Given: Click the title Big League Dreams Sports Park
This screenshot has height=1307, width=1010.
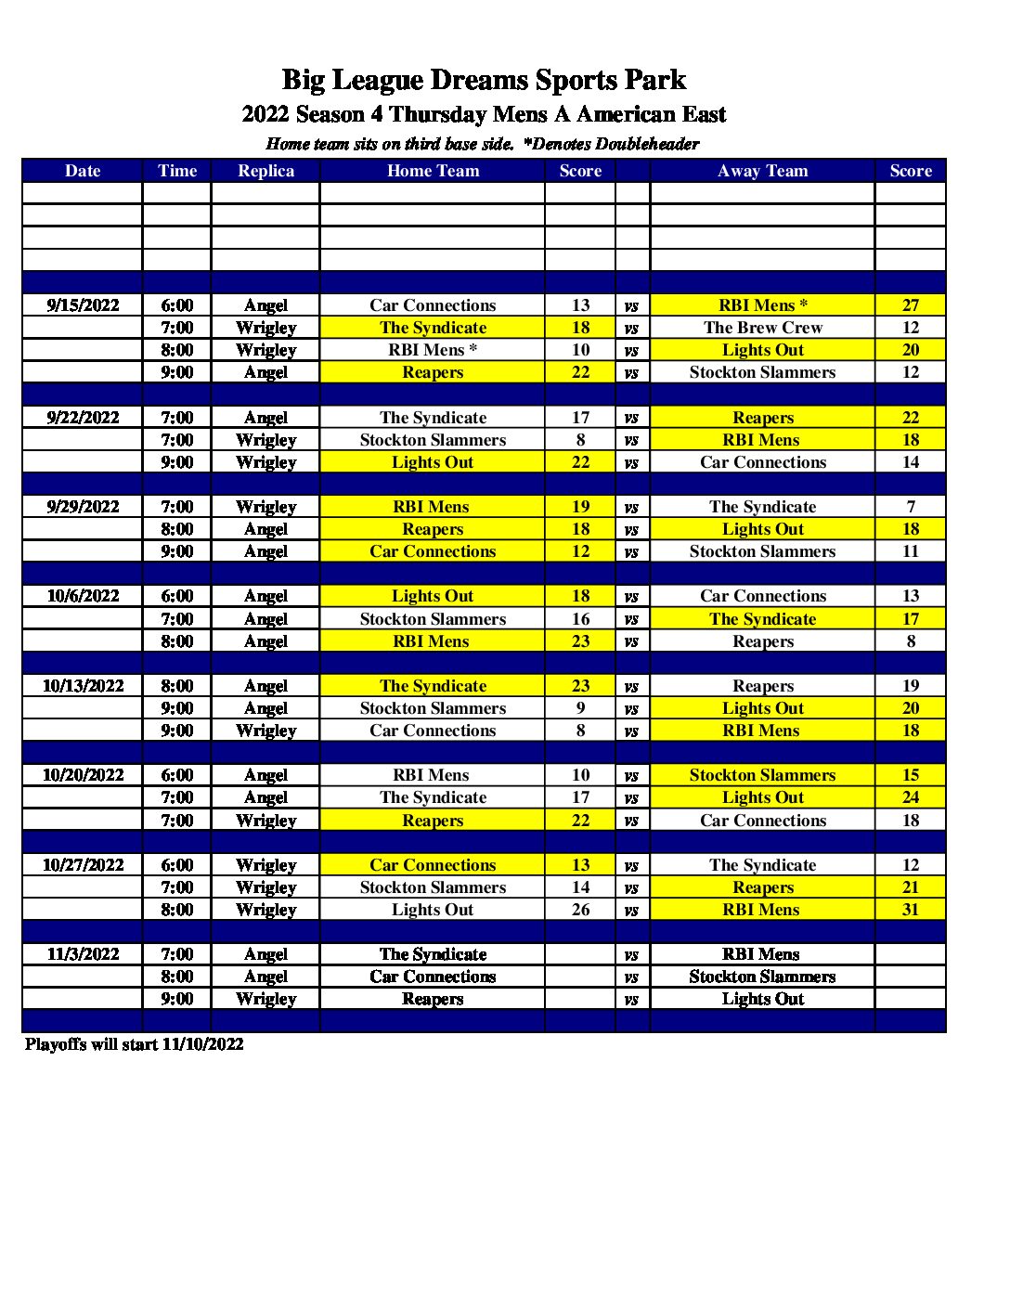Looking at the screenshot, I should pyautogui.click(x=484, y=80).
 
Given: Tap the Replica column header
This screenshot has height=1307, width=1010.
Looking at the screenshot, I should pyautogui.click(x=265, y=171).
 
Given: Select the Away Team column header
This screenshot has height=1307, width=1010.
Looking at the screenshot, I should pyautogui.click(x=762, y=171).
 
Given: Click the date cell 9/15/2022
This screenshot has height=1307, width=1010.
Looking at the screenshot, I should pyautogui.click(x=83, y=305).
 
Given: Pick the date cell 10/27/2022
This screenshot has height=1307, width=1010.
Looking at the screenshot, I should pyautogui.click(x=83, y=865).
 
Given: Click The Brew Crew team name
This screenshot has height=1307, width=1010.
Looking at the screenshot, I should pyautogui.click(x=762, y=328).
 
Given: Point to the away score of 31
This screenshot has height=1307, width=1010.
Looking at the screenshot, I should pyautogui.click(x=910, y=910).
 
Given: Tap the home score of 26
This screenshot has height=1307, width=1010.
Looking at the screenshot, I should pyautogui.click(x=580, y=910).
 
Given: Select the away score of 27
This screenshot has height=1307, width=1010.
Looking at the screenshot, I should pyautogui.click(x=910, y=305).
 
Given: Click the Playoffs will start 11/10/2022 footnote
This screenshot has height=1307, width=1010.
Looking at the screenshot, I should pyautogui.click(x=135, y=1044).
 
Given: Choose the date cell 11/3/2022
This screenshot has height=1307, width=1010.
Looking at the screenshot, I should pyautogui.click(x=83, y=954).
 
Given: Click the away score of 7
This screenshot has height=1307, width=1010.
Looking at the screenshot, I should pyautogui.click(x=910, y=507).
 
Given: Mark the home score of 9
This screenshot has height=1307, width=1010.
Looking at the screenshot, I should pyautogui.click(x=580, y=708).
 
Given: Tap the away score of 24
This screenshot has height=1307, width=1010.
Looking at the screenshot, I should pyautogui.click(x=910, y=797).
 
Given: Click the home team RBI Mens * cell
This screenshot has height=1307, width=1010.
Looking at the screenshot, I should pyautogui.click(x=433, y=350).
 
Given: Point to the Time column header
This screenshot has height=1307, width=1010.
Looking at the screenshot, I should pyautogui.click(x=177, y=171).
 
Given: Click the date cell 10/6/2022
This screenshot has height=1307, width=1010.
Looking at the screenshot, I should pyautogui.click(x=83, y=596).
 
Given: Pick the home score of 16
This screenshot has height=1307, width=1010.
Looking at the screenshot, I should pyautogui.click(x=580, y=619).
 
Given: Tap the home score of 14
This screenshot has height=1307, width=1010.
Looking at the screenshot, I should pyautogui.click(x=580, y=887).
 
